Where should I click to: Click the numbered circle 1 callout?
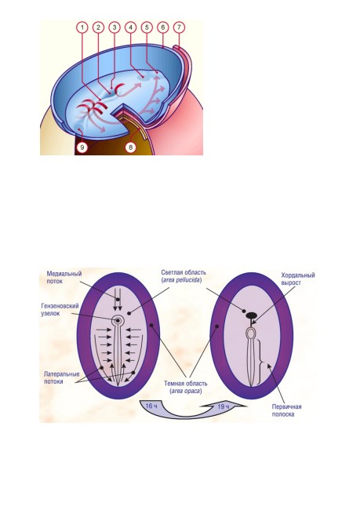point(82,27)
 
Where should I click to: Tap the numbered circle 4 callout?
point(130,27)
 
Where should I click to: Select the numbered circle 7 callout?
point(179,27)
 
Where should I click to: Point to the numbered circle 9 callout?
point(82,148)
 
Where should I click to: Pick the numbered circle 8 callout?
point(130,148)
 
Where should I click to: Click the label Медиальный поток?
point(64,278)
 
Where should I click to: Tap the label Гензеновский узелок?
point(60,310)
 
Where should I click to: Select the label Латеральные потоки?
point(61,377)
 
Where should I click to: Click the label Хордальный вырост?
point(298,279)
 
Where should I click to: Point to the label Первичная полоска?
point(286,410)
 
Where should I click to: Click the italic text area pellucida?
point(183,280)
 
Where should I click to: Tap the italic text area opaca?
point(186,391)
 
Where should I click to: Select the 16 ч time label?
point(151,406)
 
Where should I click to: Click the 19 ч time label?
point(223,406)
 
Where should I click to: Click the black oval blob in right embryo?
point(251,315)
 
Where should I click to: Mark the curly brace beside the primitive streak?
point(261,362)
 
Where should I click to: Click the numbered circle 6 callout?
point(163,27)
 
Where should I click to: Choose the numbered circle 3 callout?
point(115,27)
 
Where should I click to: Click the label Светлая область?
point(184,272)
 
